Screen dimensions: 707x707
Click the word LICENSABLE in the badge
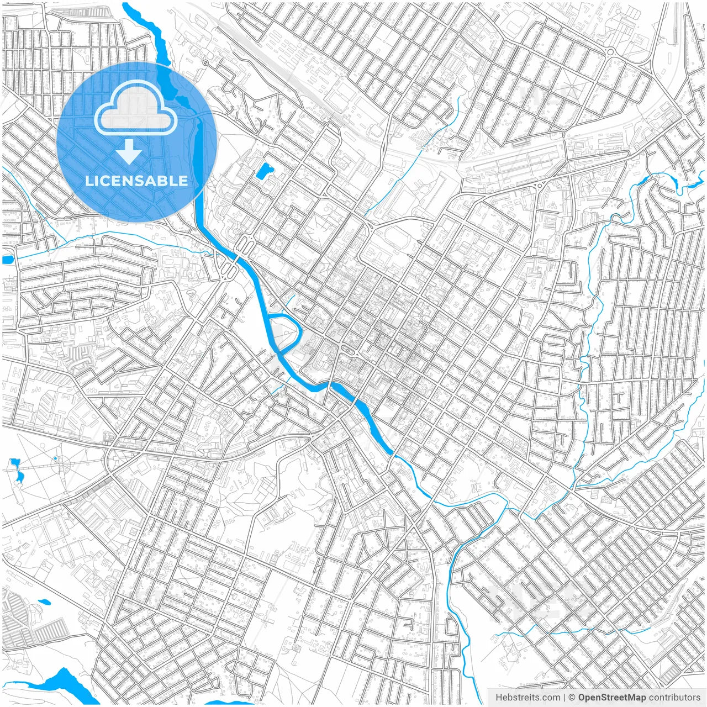[136, 181]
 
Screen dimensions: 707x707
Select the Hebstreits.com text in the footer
[527, 698]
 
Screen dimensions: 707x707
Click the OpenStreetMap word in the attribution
[611, 698]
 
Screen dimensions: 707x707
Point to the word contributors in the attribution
[674, 698]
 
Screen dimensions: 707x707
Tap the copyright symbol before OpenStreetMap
[572, 698]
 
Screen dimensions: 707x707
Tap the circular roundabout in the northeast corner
[610, 52]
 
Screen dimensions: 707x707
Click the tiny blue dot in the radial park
[56, 458]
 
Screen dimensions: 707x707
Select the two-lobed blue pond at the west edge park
[17, 469]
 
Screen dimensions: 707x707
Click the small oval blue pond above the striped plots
[43, 601]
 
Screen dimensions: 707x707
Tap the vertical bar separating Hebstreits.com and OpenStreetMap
[564, 698]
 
